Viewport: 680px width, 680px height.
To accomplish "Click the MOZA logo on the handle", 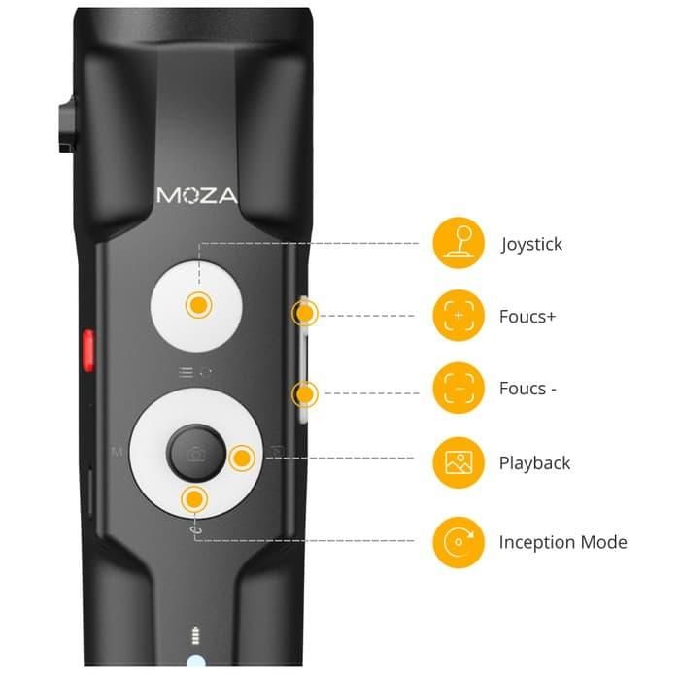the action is click(196, 194).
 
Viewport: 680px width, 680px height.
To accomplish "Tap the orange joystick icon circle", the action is click(458, 243).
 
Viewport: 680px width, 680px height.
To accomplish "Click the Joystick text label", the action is click(531, 244).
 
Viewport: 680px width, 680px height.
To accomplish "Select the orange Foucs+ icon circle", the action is click(458, 316).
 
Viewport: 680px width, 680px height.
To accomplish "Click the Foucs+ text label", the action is click(528, 317).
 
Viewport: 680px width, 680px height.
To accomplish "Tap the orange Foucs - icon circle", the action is click(458, 389).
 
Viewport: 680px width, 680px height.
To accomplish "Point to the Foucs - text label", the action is click(528, 389).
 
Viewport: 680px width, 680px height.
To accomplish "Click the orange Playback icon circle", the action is click(458, 462).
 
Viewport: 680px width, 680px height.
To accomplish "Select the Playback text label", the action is click(534, 463).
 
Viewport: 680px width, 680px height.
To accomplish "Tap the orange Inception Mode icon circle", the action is click(458, 541).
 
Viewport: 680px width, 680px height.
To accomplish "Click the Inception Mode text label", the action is click(562, 542).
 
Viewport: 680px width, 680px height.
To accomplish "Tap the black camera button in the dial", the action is click(195, 453).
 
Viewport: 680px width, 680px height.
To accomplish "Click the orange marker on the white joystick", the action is click(199, 304).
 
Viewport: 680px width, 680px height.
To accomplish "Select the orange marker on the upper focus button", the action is click(307, 313).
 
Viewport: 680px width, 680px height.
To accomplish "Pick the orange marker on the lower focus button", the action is click(307, 393).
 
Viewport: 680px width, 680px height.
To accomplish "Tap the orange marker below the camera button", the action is click(195, 499).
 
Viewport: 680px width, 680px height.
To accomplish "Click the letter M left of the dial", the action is click(117, 452).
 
